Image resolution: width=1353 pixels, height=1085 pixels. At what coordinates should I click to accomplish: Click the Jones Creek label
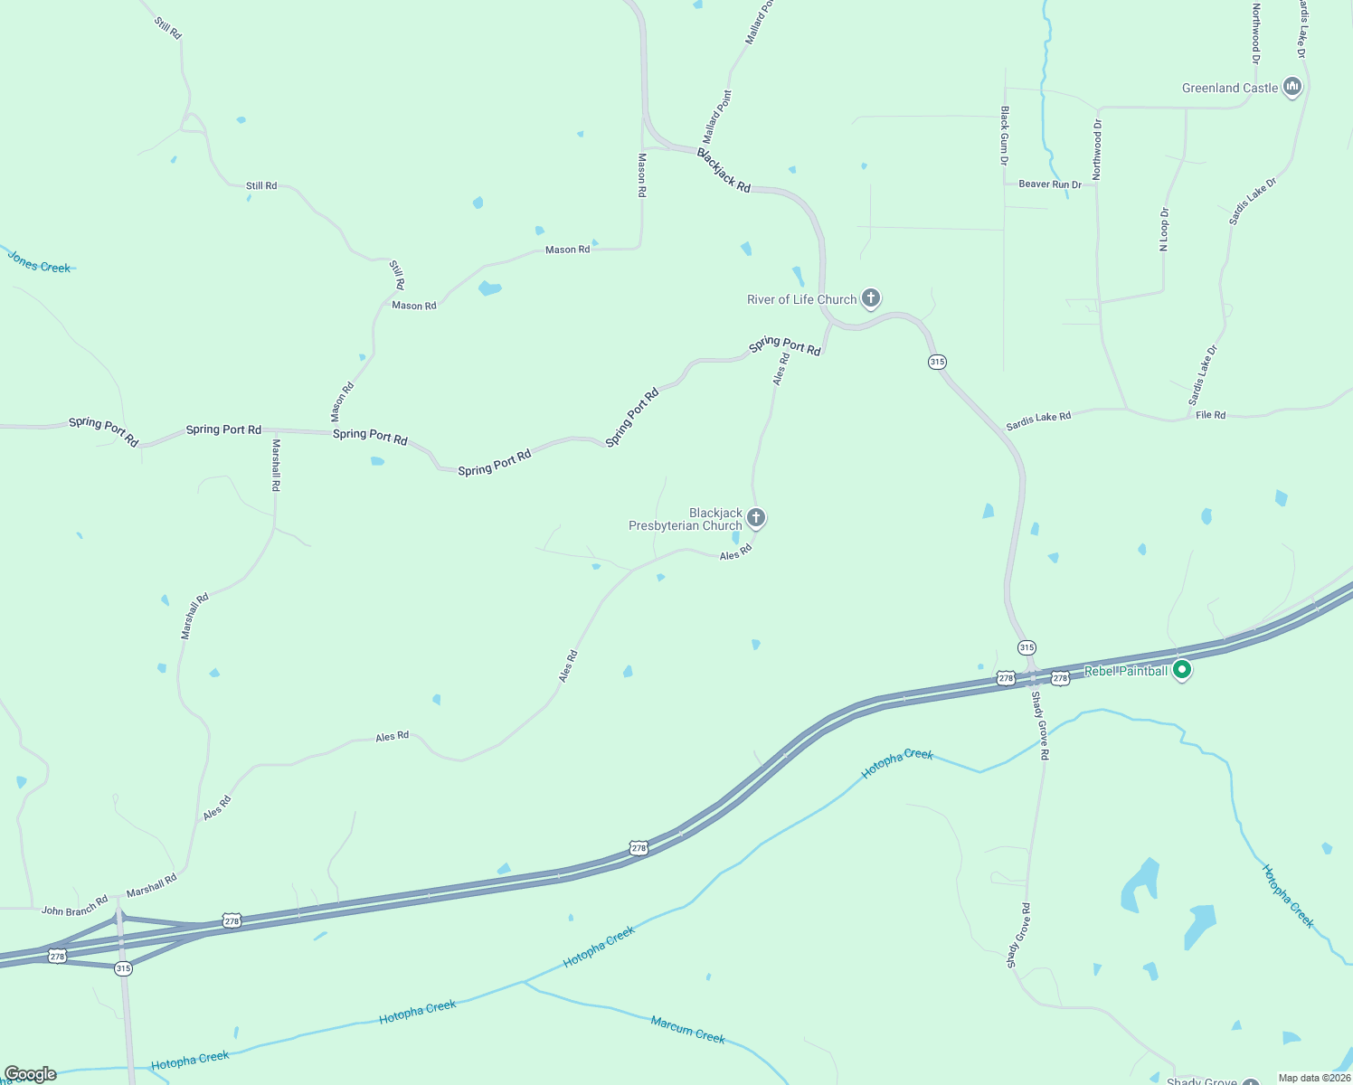39,262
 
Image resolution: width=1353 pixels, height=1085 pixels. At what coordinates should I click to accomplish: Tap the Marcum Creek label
687,1029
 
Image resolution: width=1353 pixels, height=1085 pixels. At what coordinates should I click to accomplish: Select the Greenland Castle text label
1230,88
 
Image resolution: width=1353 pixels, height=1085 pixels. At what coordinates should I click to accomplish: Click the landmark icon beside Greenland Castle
1292,87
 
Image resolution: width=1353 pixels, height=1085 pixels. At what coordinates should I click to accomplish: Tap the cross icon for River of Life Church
871,297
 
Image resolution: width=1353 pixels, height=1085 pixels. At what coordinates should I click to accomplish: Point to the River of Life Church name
801,299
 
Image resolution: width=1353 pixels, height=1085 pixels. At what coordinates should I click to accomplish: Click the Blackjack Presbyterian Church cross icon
756,518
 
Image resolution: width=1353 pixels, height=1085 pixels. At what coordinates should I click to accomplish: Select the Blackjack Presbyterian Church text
686,519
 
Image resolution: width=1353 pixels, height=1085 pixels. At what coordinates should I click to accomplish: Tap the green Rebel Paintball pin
1181,670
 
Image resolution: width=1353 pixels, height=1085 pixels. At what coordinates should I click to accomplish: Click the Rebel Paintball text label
1125,671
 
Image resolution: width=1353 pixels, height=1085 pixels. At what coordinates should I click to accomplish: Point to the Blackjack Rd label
724,171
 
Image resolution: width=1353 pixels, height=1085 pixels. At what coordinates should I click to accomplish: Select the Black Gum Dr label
1004,136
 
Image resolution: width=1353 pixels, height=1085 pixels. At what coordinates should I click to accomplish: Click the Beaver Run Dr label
1050,184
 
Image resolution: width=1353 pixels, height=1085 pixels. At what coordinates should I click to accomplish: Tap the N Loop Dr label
1165,230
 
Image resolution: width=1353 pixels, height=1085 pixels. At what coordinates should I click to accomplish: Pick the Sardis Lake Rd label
1038,421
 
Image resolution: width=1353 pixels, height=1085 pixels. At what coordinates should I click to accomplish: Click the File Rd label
1210,415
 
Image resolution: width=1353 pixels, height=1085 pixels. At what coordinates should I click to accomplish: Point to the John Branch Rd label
74,905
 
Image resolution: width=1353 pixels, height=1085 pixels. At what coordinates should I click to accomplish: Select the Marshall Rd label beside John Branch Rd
152,886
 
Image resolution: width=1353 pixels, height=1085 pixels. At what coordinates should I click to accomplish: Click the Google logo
30,1074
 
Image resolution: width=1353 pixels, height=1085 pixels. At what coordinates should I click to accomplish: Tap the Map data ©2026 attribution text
1314,1078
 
